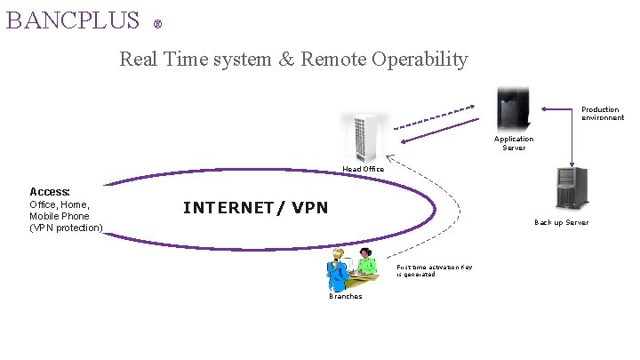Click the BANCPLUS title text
(72, 19)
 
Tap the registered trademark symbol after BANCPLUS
(157, 24)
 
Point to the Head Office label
(364, 169)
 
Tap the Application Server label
(514, 143)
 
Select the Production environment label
(602, 114)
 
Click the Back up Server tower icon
(567, 188)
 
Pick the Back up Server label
(561, 222)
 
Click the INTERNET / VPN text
(255, 208)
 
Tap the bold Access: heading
(50, 191)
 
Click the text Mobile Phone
(60, 216)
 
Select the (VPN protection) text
(66, 228)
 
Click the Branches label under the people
(346, 296)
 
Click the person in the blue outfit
(338, 270)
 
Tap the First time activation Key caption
(434, 270)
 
